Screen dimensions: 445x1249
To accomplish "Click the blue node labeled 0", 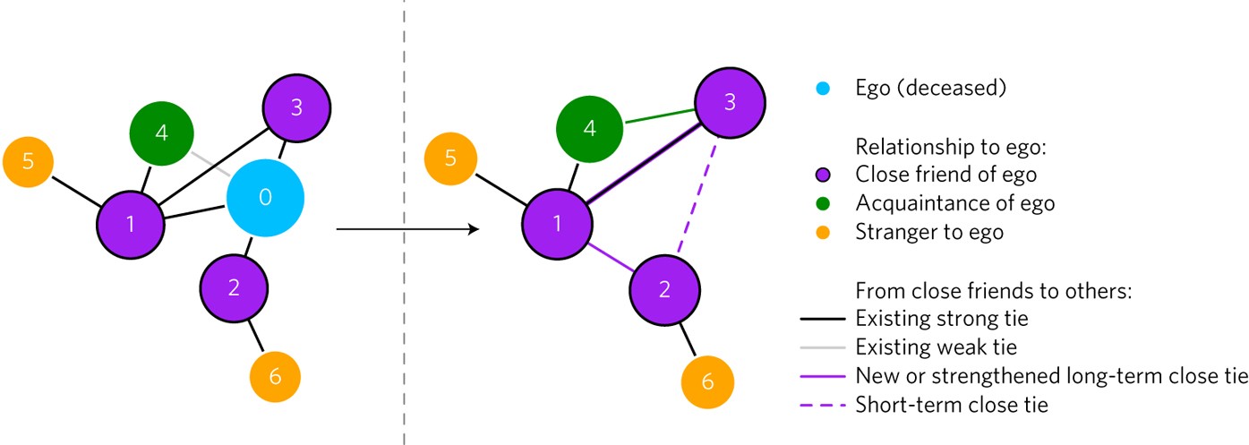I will pos(265,198).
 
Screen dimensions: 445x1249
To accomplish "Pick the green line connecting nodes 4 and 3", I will pos(661,116).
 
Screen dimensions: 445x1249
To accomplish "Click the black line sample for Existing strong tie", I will pos(823,319).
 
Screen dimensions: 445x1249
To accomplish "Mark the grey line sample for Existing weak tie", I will pos(823,347).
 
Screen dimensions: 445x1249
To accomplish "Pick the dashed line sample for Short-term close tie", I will pos(823,405).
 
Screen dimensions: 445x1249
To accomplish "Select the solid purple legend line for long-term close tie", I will pos(823,376).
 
